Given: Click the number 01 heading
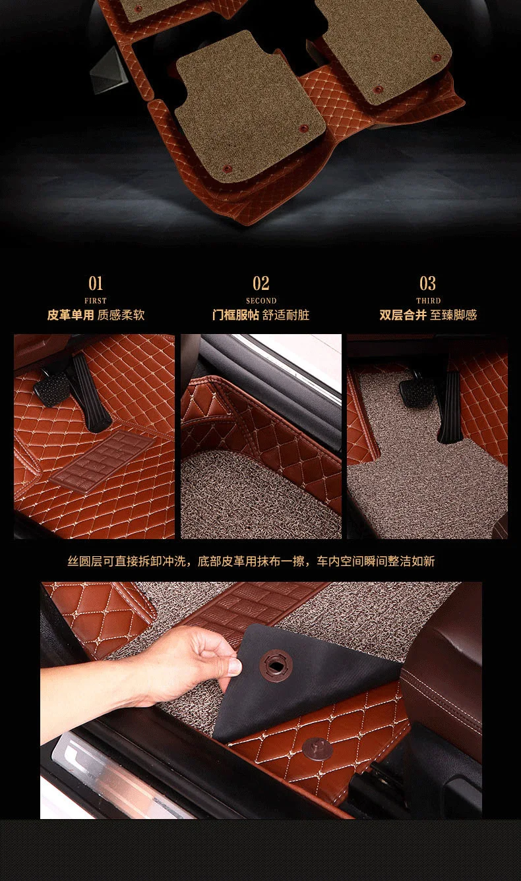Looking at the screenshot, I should (96, 283).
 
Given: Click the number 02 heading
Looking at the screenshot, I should (261, 283).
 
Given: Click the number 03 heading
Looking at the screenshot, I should (428, 283).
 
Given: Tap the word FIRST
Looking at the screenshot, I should (96, 300).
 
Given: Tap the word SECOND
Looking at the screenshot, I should (261, 300).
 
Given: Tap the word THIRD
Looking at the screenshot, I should (428, 300).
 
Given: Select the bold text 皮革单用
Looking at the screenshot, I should (71, 315).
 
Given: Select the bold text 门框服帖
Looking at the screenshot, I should (235, 315).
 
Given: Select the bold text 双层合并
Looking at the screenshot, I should (403, 315).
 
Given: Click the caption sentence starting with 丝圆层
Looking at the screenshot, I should (251, 561).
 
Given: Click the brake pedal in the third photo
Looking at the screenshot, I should (417, 391).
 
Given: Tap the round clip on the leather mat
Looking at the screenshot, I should (317, 747).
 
